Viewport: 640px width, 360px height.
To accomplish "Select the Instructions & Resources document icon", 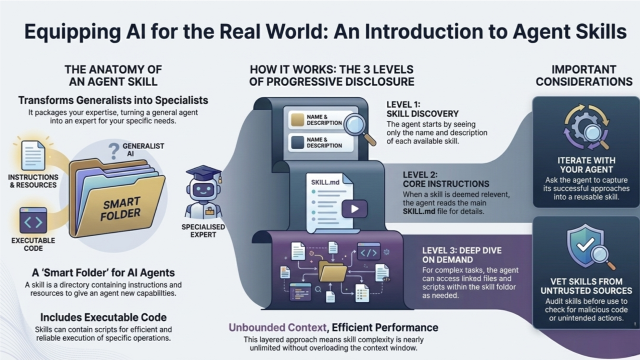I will (x=34, y=155).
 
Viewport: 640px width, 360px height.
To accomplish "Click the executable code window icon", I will (x=34, y=220).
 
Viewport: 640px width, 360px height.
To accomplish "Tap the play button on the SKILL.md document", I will (x=354, y=209).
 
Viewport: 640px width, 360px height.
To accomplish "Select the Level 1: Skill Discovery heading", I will (x=422, y=109).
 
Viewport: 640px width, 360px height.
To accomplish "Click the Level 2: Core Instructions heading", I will (x=446, y=179).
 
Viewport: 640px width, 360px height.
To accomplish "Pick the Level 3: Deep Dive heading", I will (x=461, y=255).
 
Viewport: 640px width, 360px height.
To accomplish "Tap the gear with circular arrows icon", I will (x=585, y=126).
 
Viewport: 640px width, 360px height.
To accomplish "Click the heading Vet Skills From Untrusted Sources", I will (x=586, y=286).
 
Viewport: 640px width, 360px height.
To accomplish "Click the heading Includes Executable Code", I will (x=103, y=317).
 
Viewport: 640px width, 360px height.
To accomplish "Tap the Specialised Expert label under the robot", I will (x=203, y=230).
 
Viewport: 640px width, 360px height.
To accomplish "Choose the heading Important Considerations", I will (x=584, y=75).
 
